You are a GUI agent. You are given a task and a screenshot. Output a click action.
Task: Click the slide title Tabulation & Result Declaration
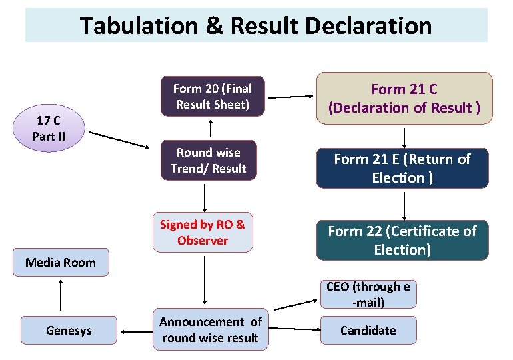coord(256,26)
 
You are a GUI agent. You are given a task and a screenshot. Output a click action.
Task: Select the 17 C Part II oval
coord(48,129)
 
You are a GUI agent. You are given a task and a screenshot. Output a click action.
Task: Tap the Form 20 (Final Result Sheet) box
coord(212,97)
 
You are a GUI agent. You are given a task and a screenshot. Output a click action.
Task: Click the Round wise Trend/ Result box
coord(209,161)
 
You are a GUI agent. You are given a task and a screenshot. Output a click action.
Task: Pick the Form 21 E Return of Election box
coord(402,169)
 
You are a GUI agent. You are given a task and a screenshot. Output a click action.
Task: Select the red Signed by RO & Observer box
coord(203,233)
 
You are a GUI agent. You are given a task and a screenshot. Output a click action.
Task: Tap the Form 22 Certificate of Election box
coord(402,240)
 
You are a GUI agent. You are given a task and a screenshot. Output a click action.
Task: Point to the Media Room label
coord(61,262)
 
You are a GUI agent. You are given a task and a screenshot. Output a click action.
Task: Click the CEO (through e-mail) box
coord(368,294)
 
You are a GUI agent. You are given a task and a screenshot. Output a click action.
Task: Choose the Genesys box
coord(69,330)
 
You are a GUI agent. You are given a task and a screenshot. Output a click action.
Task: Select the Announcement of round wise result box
coord(211,330)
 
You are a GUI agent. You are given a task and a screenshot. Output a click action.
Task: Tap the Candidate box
coord(368,330)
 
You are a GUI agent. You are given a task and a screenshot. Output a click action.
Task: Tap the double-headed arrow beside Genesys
coord(135,330)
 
